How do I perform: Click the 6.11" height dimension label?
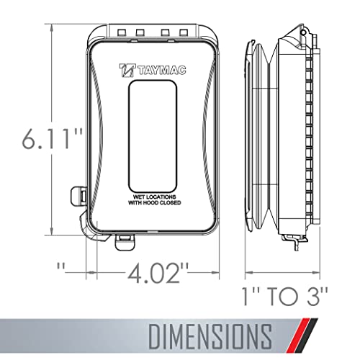[53, 139]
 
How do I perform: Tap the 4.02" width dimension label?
[158, 273]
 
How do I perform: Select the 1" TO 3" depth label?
[285, 297]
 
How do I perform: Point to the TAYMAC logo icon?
[127, 70]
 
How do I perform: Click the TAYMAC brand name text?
[162, 71]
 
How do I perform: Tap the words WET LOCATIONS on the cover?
[155, 197]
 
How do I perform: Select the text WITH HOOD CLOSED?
[155, 203]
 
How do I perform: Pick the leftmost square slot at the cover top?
[121, 32]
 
